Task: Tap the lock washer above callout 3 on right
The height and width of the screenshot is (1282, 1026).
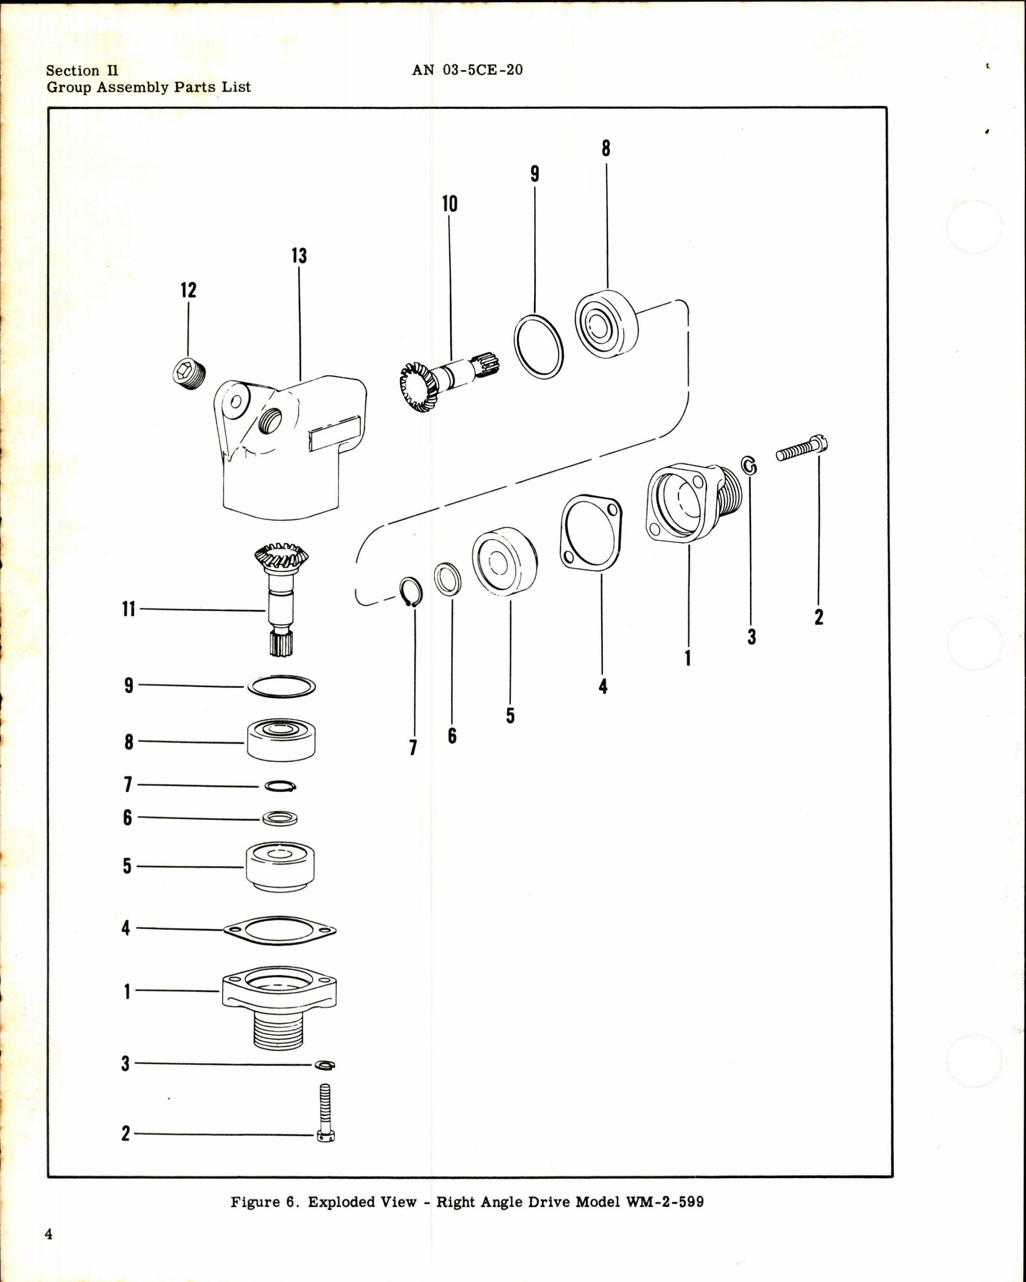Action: click(750, 466)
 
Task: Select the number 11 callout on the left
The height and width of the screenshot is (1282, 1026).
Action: click(129, 609)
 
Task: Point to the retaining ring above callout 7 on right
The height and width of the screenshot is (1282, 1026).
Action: click(410, 592)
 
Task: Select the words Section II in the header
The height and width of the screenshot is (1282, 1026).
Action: click(82, 71)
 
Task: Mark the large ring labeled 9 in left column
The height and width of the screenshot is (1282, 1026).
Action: click(281, 686)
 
